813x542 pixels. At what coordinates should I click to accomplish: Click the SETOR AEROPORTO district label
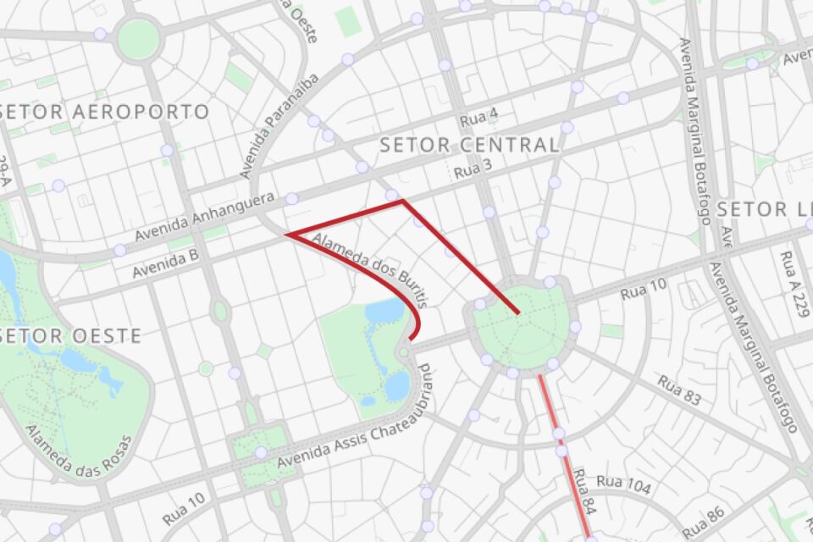[x=106, y=112]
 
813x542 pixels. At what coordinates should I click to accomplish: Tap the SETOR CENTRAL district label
[x=469, y=145]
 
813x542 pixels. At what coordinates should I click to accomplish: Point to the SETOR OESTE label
[x=71, y=335]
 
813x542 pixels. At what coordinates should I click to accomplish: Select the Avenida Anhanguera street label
[x=206, y=217]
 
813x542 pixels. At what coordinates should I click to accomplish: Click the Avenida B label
[x=165, y=263]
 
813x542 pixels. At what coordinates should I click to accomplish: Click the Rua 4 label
[x=479, y=117]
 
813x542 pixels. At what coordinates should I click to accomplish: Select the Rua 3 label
[x=473, y=169]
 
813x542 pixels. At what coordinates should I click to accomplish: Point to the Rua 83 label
[x=679, y=391]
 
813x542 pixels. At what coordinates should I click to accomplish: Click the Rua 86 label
[x=704, y=521]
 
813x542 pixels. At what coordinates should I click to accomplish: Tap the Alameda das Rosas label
[x=80, y=454]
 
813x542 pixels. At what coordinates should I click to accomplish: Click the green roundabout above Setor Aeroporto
[x=138, y=38]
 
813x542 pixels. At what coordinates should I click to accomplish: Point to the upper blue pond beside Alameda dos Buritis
[x=386, y=312]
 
